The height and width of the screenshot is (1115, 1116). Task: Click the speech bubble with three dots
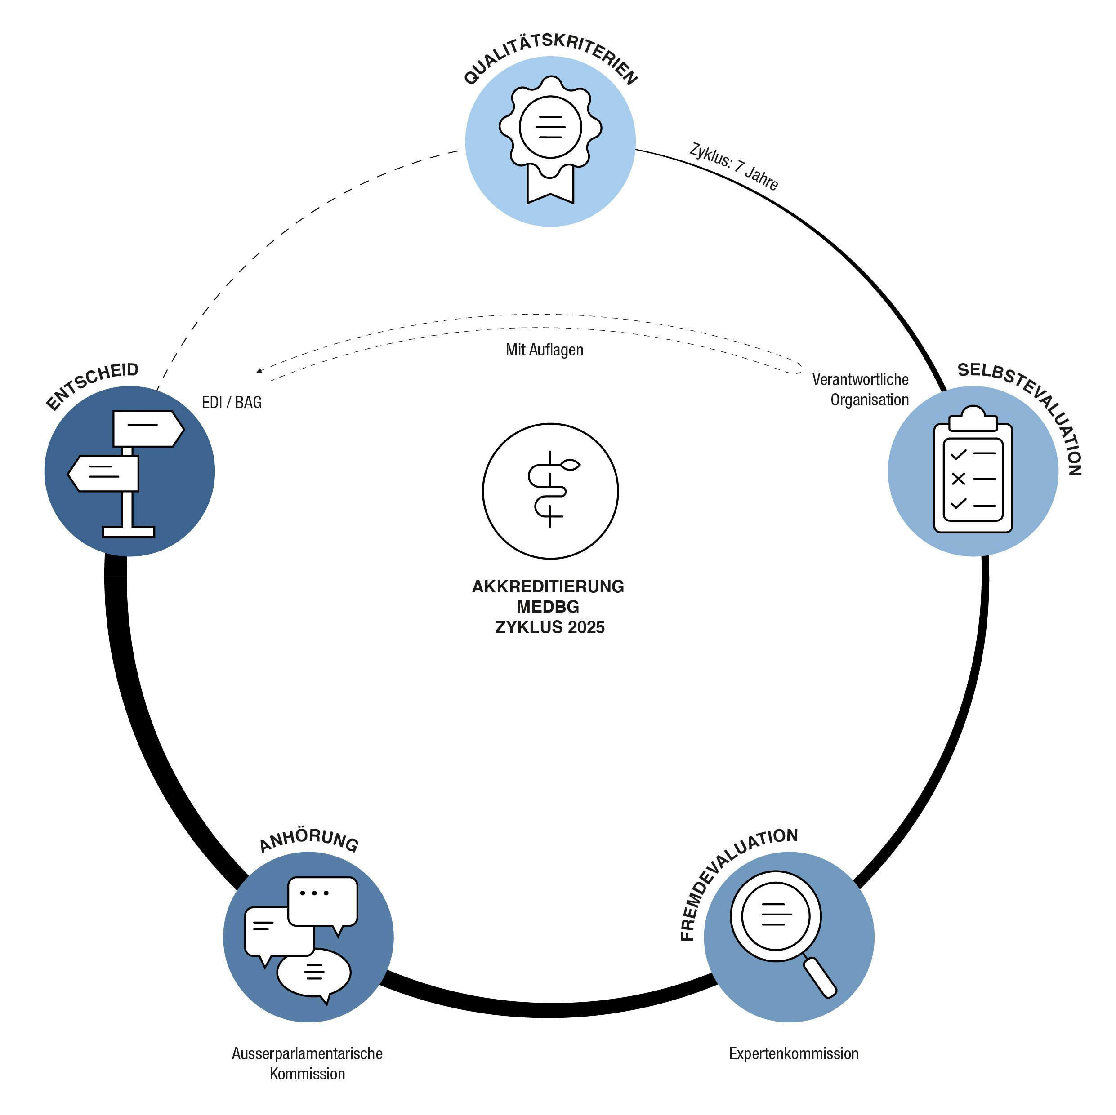point(322,901)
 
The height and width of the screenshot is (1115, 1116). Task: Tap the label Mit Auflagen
point(544,350)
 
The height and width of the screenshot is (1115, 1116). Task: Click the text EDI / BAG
point(232,403)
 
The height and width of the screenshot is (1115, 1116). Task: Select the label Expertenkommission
point(794,1054)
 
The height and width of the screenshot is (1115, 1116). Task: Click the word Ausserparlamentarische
point(307,1054)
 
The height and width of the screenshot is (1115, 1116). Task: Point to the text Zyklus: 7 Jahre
point(734,166)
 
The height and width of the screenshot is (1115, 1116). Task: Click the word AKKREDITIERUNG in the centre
point(548,586)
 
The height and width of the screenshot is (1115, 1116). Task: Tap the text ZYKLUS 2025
point(550,627)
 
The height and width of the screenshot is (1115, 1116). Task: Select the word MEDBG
point(548,607)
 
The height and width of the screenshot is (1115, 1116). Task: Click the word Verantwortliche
point(860,379)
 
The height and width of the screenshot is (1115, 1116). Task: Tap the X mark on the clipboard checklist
point(958,479)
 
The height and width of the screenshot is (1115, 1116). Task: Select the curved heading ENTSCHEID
point(93,385)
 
